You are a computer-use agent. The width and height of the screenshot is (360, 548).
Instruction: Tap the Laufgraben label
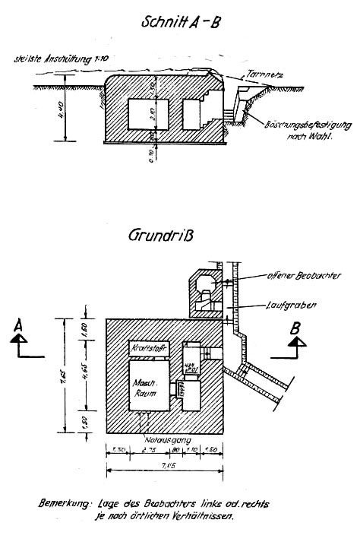click(286, 306)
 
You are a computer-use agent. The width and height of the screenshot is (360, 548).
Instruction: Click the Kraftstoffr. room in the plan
click(149, 347)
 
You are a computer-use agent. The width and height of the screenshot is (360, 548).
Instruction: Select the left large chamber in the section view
click(144, 117)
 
